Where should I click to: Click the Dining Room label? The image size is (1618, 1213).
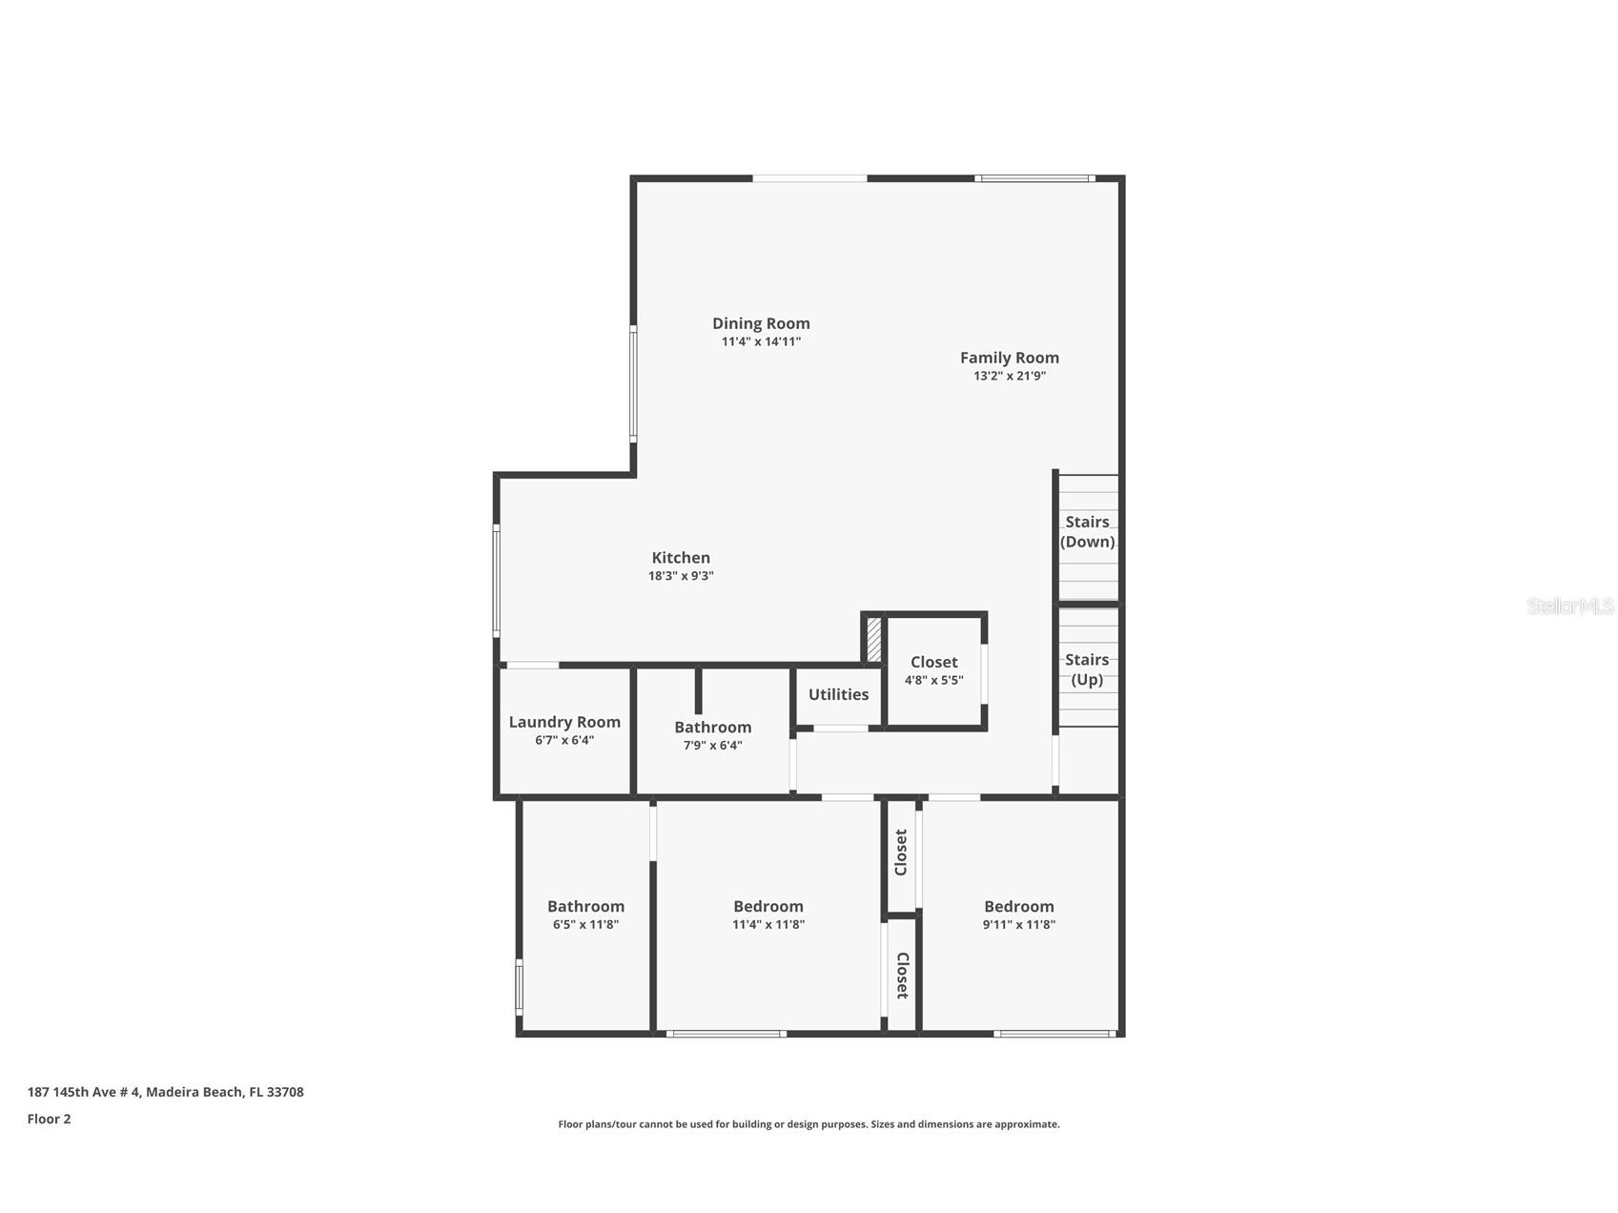tap(761, 323)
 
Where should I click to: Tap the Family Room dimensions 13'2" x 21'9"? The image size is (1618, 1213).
tap(1009, 376)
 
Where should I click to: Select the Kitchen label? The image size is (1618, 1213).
tap(680, 558)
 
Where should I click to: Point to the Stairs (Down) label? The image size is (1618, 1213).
tap(1087, 532)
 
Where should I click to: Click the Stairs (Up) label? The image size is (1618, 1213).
tap(1087, 669)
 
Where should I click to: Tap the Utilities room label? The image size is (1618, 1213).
tap(838, 694)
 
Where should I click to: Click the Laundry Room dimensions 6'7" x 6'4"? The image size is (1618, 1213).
tap(563, 740)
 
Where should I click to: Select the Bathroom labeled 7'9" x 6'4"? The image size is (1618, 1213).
tap(712, 728)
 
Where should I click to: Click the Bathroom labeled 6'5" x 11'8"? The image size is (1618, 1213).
tap(585, 907)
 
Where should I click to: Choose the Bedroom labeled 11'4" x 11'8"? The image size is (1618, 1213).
tap(768, 907)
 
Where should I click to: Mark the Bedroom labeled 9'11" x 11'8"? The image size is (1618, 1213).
tap(1018, 907)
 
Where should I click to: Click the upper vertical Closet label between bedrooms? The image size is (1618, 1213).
tap(901, 853)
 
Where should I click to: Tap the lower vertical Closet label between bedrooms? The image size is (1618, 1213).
tap(901, 976)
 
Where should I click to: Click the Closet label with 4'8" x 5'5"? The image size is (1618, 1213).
tap(933, 662)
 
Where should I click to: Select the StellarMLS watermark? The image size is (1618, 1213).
tap(1569, 606)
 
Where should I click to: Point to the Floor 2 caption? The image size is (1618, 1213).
tap(49, 1120)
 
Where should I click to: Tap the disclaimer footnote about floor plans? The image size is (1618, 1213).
tap(809, 1124)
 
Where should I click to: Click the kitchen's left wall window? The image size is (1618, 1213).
tap(496, 580)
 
